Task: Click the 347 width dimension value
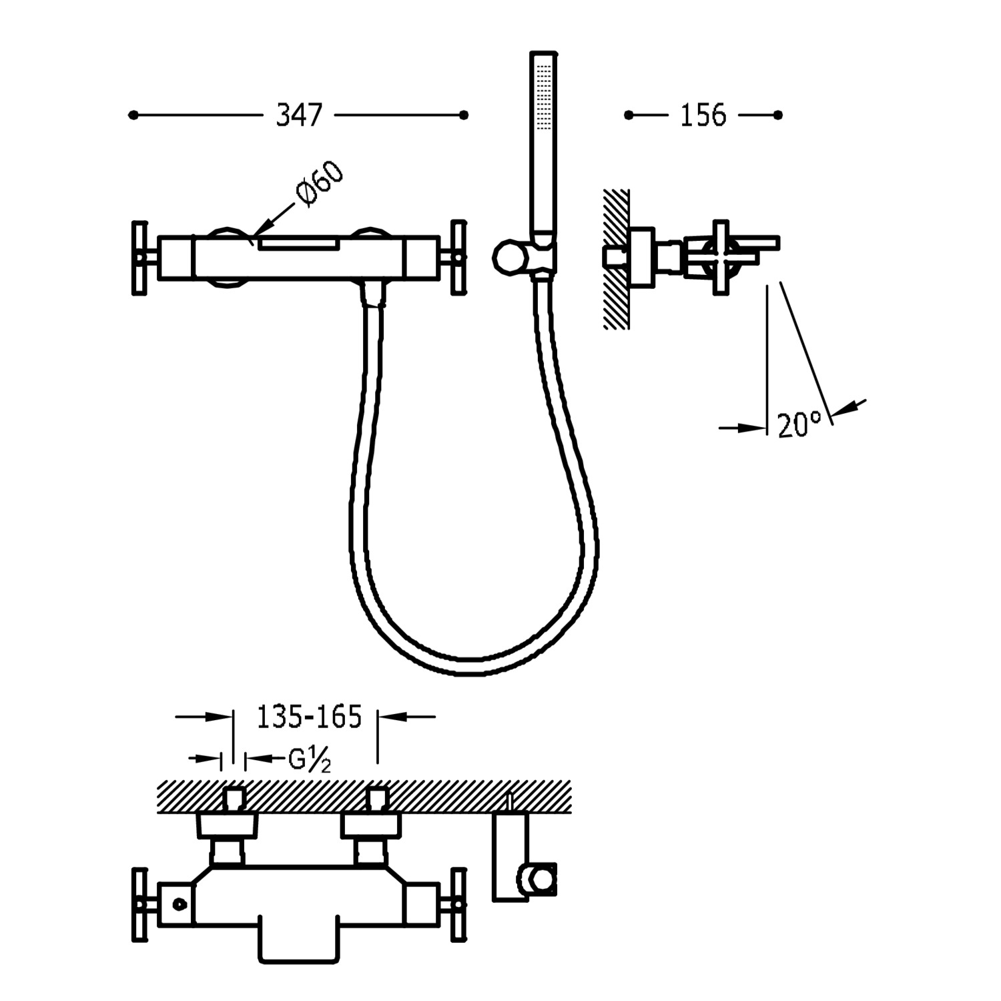(299, 115)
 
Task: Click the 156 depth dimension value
(703, 115)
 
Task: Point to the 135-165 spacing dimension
(309, 717)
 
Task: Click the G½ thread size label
(309, 759)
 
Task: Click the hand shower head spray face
(544, 93)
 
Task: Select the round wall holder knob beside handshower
(505, 257)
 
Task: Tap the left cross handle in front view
(139, 257)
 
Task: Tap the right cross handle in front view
(458, 257)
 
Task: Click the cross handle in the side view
(721, 257)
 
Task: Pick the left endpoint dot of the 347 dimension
(133, 115)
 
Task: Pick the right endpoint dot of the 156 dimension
(777, 115)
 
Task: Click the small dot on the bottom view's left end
(178, 904)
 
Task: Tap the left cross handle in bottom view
(139, 904)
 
